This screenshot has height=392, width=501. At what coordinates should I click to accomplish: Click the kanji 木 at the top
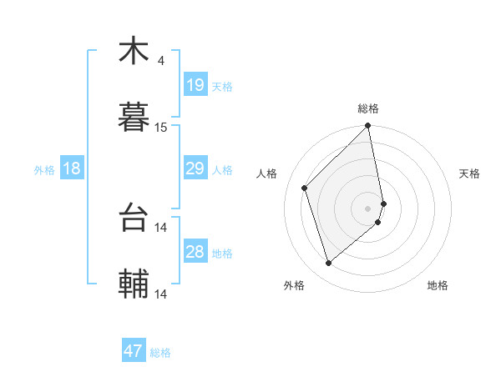(x=134, y=52)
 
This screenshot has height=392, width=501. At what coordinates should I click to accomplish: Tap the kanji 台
(x=134, y=219)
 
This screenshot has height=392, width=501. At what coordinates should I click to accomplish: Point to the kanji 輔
(x=134, y=284)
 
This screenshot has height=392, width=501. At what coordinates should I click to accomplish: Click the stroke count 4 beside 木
(x=160, y=60)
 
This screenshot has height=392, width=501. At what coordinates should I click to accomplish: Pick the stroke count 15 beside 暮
(x=161, y=127)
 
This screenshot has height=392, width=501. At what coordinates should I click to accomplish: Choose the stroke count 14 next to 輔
(x=161, y=294)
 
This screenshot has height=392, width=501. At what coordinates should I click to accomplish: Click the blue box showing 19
(x=195, y=85)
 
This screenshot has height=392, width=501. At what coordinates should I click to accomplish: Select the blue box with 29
(x=195, y=168)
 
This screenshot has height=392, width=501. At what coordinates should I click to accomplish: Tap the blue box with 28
(x=195, y=252)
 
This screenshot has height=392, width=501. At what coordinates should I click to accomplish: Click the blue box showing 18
(x=72, y=168)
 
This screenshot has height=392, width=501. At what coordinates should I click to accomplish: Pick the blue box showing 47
(x=134, y=351)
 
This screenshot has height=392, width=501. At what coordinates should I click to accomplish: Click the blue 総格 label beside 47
(x=160, y=353)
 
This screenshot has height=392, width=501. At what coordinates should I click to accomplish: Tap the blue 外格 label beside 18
(x=44, y=169)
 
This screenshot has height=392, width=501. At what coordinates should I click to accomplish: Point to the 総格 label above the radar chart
(x=368, y=108)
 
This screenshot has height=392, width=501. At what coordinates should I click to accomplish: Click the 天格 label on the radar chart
(x=470, y=173)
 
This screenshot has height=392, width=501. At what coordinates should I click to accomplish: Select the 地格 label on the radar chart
(x=438, y=285)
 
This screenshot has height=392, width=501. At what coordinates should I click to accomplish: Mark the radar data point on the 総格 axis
(x=368, y=127)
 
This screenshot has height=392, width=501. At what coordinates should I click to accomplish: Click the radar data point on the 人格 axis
(x=305, y=188)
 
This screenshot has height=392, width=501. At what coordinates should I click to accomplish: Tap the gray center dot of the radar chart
(x=368, y=208)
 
